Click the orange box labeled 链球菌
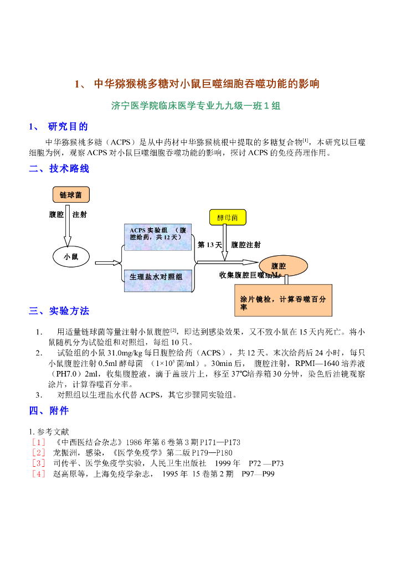70,195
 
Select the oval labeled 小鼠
70,256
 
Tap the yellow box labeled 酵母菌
228,218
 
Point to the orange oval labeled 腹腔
279,266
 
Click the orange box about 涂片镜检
283,300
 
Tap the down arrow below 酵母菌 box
224,243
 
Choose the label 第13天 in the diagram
209,244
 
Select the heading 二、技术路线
59,169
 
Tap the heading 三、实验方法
59,311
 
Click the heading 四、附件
49,411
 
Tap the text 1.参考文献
49,431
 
